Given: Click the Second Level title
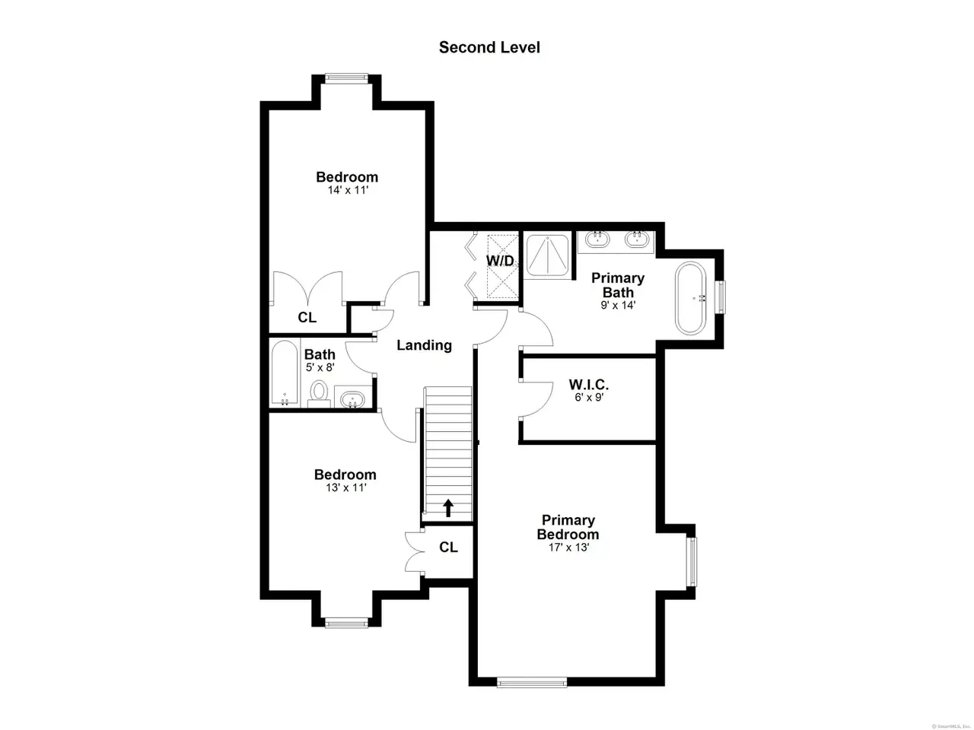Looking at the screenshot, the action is tap(489, 47).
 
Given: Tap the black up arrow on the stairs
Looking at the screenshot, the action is tap(449, 508).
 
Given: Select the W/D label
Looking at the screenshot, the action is tap(500, 261).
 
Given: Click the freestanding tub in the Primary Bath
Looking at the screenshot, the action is tap(690, 298).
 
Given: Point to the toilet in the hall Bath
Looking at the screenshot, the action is tap(318, 394).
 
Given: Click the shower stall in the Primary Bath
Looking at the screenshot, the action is tap(547, 256).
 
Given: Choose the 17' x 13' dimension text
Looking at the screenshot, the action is tap(568, 547).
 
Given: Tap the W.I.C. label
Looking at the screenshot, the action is tap(589, 384).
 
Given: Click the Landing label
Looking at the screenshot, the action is tap(424, 345).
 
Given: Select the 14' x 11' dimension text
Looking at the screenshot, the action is tap(348, 190).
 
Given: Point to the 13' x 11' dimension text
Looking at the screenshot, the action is tap(345, 488).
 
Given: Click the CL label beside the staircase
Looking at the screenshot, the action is tap(448, 547).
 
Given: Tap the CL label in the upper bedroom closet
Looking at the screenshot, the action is tap(307, 317).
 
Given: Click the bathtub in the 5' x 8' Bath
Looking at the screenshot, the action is tap(285, 373).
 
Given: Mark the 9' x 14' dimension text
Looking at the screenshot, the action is tap(618, 306).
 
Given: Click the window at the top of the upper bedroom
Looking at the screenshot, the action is tap(346, 78).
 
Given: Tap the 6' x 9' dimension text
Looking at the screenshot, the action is tap(589, 398).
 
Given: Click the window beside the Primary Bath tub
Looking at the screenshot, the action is tap(721, 297).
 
